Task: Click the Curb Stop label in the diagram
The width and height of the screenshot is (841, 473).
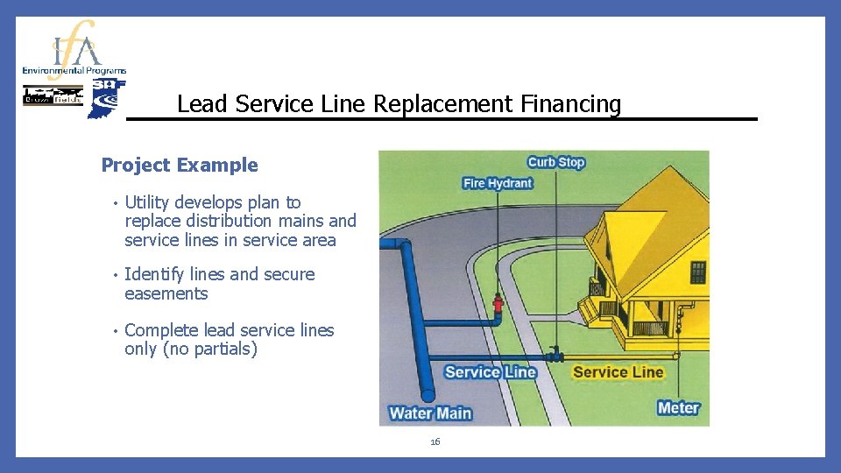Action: (555, 162)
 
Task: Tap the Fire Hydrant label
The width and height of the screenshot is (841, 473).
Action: (498, 183)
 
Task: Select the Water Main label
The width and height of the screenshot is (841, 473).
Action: (430, 413)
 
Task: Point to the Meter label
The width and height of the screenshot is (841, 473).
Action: (678, 407)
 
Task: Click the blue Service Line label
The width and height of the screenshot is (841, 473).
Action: (490, 372)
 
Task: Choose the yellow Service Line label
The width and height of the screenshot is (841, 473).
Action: (618, 372)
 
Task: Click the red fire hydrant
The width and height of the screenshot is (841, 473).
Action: (498, 306)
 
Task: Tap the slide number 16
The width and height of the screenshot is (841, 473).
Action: (435, 442)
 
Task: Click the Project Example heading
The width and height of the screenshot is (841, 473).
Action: (180, 165)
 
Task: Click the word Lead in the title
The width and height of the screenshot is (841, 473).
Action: (195, 104)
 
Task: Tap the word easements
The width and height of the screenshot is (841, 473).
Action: (166, 293)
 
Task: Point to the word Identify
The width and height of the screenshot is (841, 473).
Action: (154, 274)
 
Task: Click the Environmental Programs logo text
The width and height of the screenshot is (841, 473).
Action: (74, 70)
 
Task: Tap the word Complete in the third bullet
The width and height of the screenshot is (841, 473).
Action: (161, 330)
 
